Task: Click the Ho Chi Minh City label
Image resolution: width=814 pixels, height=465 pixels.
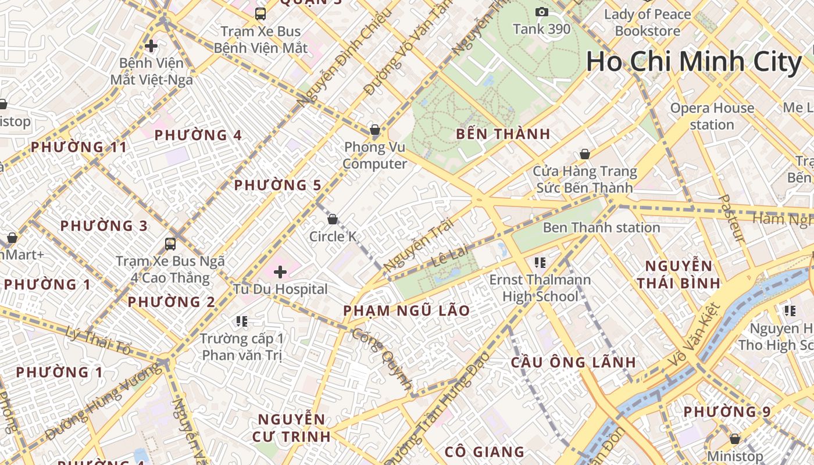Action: (x=694, y=62)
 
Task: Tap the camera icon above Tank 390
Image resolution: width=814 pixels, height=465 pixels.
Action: (x=542, y=12)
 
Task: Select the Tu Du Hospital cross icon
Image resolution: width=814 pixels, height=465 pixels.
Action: (x=280, y=271)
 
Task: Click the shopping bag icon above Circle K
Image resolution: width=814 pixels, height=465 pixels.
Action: (x=333, y=219)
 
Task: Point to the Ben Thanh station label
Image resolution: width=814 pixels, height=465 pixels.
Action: (x=601, y=227)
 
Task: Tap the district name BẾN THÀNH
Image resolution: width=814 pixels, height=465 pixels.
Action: (x=503, y=134)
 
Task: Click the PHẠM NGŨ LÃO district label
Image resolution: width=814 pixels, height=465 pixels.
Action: (x=406, y=310)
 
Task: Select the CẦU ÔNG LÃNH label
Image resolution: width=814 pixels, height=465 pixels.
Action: (x=573, y=362)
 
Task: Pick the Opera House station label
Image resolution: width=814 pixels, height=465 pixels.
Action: (x=712, y=116)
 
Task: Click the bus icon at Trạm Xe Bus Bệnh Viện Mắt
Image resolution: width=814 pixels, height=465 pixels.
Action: (x=260, y=13)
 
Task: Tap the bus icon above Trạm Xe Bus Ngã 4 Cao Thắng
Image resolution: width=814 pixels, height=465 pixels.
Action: (x=170, y=244)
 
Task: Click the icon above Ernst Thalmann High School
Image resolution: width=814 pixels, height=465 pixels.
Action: (x=540, y=263)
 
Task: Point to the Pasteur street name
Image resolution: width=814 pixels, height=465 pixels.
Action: (x=731, y=218)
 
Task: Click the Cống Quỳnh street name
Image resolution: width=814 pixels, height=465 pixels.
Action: (x=382, y=360)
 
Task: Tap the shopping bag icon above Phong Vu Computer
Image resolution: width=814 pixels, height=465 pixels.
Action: (x=375, y=130)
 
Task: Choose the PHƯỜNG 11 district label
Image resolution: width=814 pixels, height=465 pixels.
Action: (x=78, y=147)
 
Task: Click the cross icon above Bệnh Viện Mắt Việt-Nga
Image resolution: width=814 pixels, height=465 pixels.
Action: (x=151, y=45)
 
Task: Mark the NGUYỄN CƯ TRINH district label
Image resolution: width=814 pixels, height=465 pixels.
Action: (x=291, y=428)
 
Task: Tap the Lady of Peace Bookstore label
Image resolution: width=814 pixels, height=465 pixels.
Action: (x=648, y=22)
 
